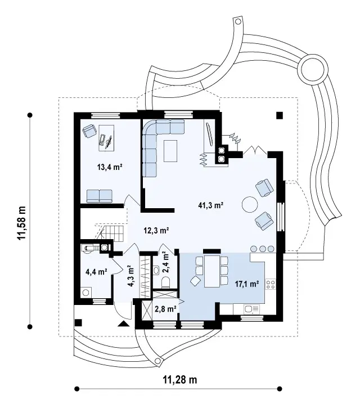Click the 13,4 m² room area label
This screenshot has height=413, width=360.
[x=110, y=167]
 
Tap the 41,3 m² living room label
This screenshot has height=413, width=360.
[x=211, y=205]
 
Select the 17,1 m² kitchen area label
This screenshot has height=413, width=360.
[x=247, y=284]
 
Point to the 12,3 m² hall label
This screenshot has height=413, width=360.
[x=156, y=231]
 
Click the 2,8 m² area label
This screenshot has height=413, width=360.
[x=165, y=309]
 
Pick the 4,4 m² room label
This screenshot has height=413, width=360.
[x=96, y=272]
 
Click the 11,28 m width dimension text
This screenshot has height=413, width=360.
[x=180, y=380]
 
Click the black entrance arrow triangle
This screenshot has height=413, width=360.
[x=124, y=324]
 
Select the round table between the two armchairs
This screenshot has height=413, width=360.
[x=250, y=204]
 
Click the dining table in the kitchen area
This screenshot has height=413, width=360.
[x=212, y=271]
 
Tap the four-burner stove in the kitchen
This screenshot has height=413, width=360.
[x=271, y=284]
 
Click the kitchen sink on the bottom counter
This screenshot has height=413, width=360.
[x=252, y=308]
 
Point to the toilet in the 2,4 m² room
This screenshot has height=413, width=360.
[x=165, y=282]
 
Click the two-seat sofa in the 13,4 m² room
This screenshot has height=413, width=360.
[x=100, y=196]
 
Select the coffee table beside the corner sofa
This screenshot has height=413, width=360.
[x=170, y=151]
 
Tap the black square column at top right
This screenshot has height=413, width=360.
[x=280, y=115]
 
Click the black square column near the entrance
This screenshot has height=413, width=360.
[x=78, y=322]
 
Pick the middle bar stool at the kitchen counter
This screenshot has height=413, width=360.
[x=263, y=248]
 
